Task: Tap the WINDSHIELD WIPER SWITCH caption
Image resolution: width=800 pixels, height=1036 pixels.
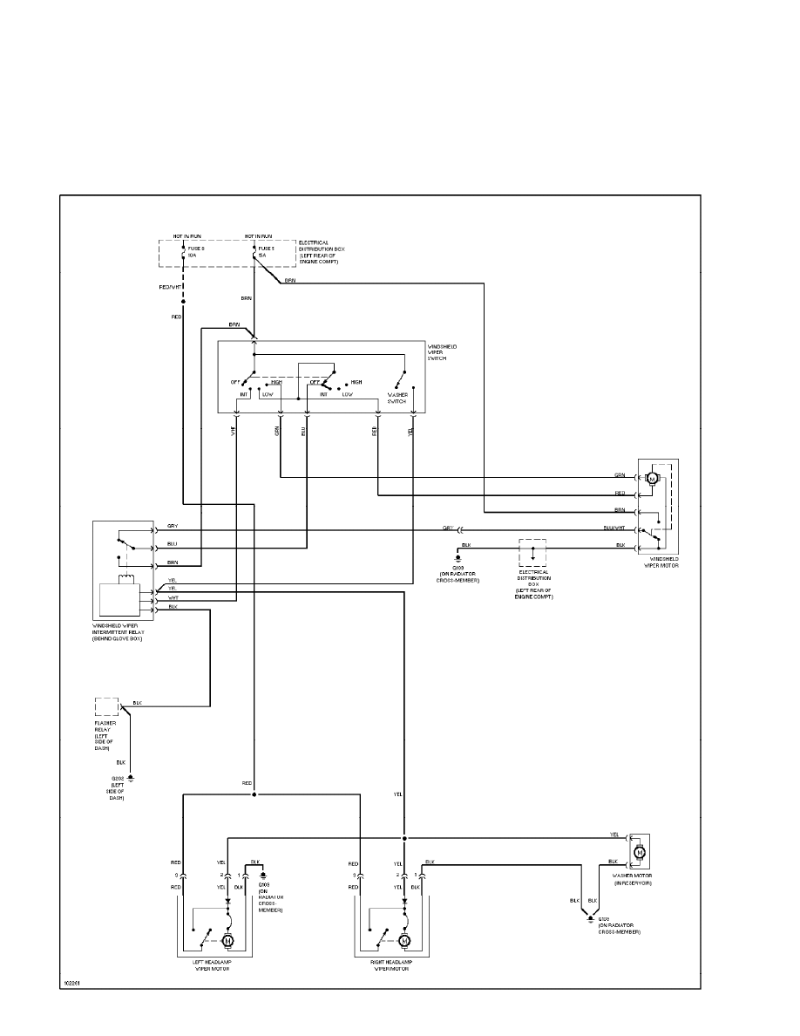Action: coord(444,351)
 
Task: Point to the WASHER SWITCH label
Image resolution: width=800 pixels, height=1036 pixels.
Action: coord(398,398)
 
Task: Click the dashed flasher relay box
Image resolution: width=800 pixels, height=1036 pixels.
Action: coord(106,706)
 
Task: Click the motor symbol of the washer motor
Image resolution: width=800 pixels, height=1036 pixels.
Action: coord(639,850)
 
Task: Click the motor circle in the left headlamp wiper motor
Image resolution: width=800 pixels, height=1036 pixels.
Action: coord(229,941)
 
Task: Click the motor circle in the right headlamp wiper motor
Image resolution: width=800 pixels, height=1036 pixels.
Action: coord(405,941)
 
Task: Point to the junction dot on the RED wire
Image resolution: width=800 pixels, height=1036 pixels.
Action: coord(254,795)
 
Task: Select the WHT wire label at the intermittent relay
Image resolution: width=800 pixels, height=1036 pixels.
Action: coord(173,597)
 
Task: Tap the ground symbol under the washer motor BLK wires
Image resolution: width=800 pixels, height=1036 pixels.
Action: coord(590,918)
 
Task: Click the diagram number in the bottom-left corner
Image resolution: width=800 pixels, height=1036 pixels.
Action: coord(71,982)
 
